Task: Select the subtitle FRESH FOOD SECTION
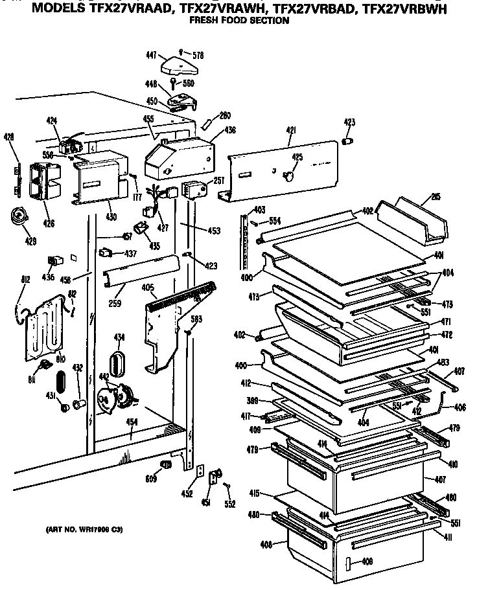pyautogui.click(x=238, y=21)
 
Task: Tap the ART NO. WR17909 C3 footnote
pyautogui.click(x=84, y=530)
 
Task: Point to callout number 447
pyautogui.click(x=151, y=56)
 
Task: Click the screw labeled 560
pyautogui.click(x=174, y=84)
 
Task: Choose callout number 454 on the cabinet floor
pyautogui.click(x=132, y=422)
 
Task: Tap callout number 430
pyautogui.click(x=111, y=216)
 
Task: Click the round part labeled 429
pyautogui.click(x=19, y=216)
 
